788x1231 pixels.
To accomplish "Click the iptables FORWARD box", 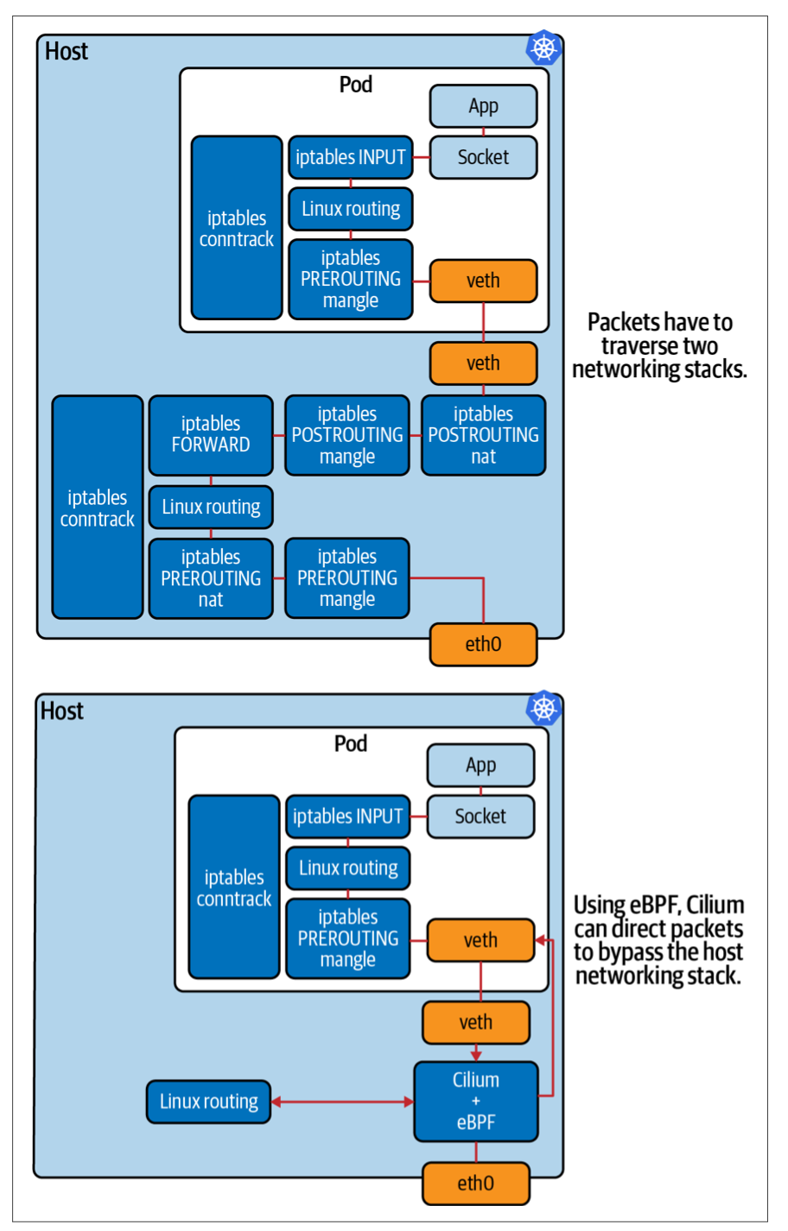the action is point(211,435).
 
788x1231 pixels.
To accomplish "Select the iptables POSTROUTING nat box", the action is point(483,435).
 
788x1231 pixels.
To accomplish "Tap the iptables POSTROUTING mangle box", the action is point(347,435).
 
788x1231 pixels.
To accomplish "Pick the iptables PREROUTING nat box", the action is point(211,578).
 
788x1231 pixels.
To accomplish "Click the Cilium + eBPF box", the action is point(476,1102).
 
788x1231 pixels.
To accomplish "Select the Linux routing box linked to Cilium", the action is point(209,1102).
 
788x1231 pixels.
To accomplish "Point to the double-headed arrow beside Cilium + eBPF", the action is point(342,1102).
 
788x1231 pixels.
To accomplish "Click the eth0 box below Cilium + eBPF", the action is point(476,1183).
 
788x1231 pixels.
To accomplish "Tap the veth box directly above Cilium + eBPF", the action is point(476,1022).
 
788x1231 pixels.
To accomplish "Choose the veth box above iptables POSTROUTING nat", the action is point(483,363).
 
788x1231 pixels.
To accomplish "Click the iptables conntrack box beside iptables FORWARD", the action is point(98,507).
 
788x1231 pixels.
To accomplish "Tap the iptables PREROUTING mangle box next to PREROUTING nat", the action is point(347,578).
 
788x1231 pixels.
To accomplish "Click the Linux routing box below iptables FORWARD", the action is point(211,507).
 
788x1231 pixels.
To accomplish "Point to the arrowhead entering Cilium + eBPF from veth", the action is point(476,1055).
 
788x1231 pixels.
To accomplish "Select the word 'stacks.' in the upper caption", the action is point(715,369).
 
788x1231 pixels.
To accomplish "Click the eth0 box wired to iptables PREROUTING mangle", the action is point(483,644).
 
